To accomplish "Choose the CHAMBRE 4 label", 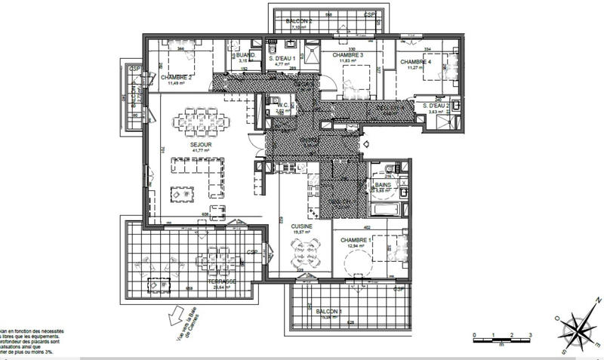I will click(x=416, y=61).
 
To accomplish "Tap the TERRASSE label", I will click(x=223, y=281).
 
